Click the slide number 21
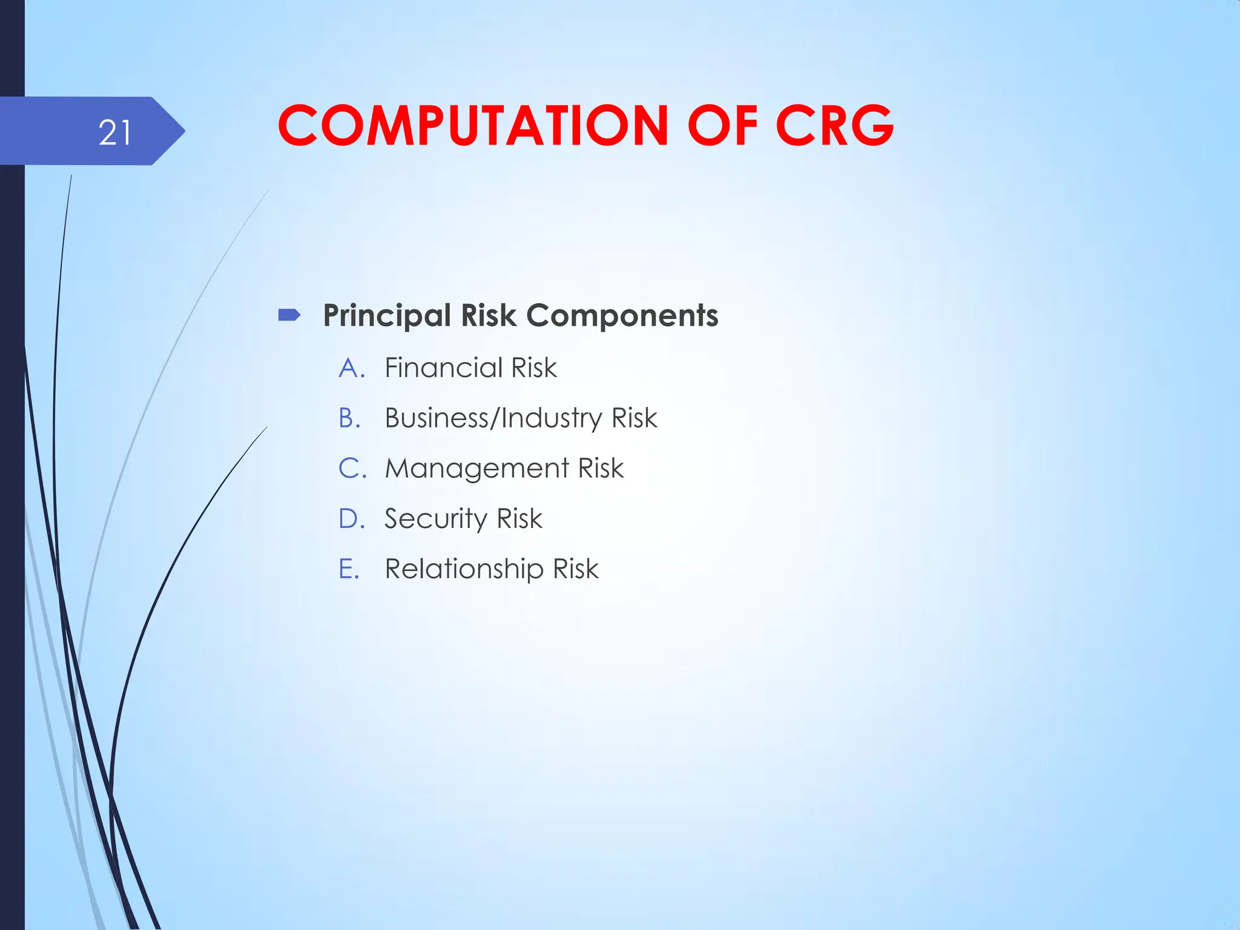click(114, 133)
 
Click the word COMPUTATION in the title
click(473, 126)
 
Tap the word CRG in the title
click(834, 126)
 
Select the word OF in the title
click(722, 126)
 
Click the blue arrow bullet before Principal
click(289, 315)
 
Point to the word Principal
click(387, 316)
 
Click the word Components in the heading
click(622, 316)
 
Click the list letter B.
click(349, 418)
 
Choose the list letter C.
click(351, 469)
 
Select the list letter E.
click(348, 569)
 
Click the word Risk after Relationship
click(575, 569)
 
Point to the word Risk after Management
click(601, 469)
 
